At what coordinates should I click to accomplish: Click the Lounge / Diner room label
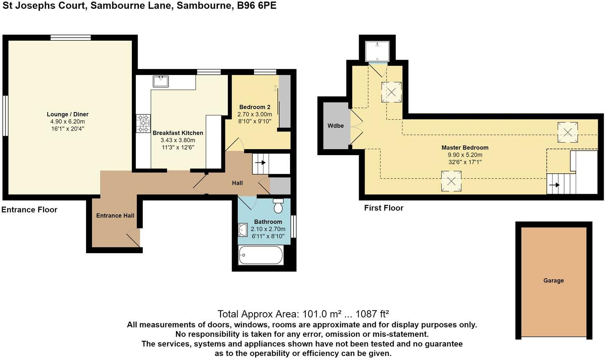(x=67, y=114)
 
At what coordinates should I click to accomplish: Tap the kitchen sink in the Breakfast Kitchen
(x=161, y=81)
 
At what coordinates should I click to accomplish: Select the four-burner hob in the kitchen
(x=143, y=123)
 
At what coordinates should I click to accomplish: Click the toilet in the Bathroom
(x=278, y=206)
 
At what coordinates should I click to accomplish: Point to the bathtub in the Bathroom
(x=261, y=255)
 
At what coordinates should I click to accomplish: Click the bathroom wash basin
(x=243, y=230)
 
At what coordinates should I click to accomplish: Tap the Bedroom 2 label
(x=254, y=107)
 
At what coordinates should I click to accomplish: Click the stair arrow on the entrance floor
(x=260, y=163)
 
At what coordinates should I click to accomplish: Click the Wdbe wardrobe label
(x=335, y=126)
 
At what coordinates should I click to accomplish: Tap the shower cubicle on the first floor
(x=377, y=51)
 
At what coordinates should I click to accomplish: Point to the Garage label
(x=553, y=281)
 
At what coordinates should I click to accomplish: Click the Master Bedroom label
(x=465, y=148)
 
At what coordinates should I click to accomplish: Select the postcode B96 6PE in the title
(x=256, y=6)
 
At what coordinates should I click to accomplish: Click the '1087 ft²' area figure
(x=372, y=314)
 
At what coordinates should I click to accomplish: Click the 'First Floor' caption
(x=383, y=208)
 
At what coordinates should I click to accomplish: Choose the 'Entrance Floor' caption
(x=30, y=210)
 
